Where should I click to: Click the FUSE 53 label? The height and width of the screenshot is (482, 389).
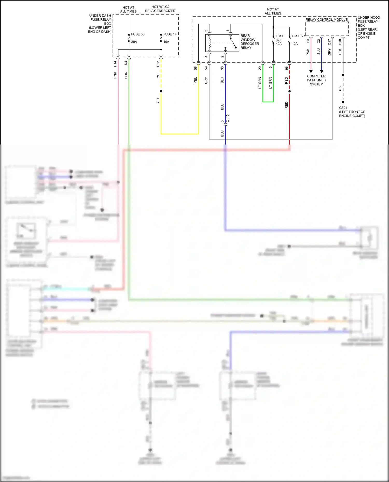[138, 34]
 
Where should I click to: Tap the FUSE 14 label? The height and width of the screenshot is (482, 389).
[170, 34]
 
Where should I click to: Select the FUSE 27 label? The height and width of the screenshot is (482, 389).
[298, 36]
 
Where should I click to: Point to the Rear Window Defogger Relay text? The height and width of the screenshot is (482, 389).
[249, 42]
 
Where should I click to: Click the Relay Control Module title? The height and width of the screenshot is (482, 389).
[327, 20]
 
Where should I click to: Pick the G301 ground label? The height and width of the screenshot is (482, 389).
[343, 108]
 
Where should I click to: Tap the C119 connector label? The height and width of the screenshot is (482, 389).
[228, 118]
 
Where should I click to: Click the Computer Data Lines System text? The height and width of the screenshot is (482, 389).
[316, 80]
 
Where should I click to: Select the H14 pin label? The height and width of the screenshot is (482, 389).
[115, 64]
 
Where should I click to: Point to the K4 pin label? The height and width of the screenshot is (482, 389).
[126, 63]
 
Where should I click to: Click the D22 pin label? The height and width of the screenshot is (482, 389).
[158, 64]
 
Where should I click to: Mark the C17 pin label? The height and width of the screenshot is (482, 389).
[329, 42]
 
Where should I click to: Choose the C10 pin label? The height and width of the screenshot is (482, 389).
[340, 42]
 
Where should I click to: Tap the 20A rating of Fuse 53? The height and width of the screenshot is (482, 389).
[134, 42]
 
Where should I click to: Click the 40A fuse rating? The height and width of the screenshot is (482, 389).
[279, 44]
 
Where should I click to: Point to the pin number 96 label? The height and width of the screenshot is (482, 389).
[286, 68]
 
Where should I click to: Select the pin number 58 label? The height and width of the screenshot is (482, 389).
[195, 68]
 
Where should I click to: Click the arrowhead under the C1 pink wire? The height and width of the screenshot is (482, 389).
[311, 71]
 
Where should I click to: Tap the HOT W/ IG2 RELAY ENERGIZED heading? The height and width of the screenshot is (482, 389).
[160, 9]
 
